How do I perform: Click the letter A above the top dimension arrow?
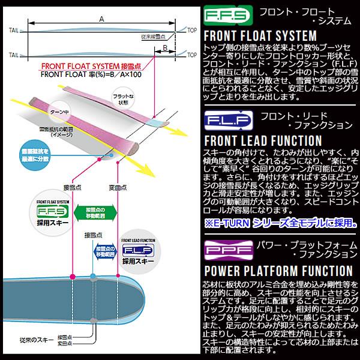click(102, 19)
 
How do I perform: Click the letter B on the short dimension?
click(164, 47)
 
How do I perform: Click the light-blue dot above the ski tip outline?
click(92, 276)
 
